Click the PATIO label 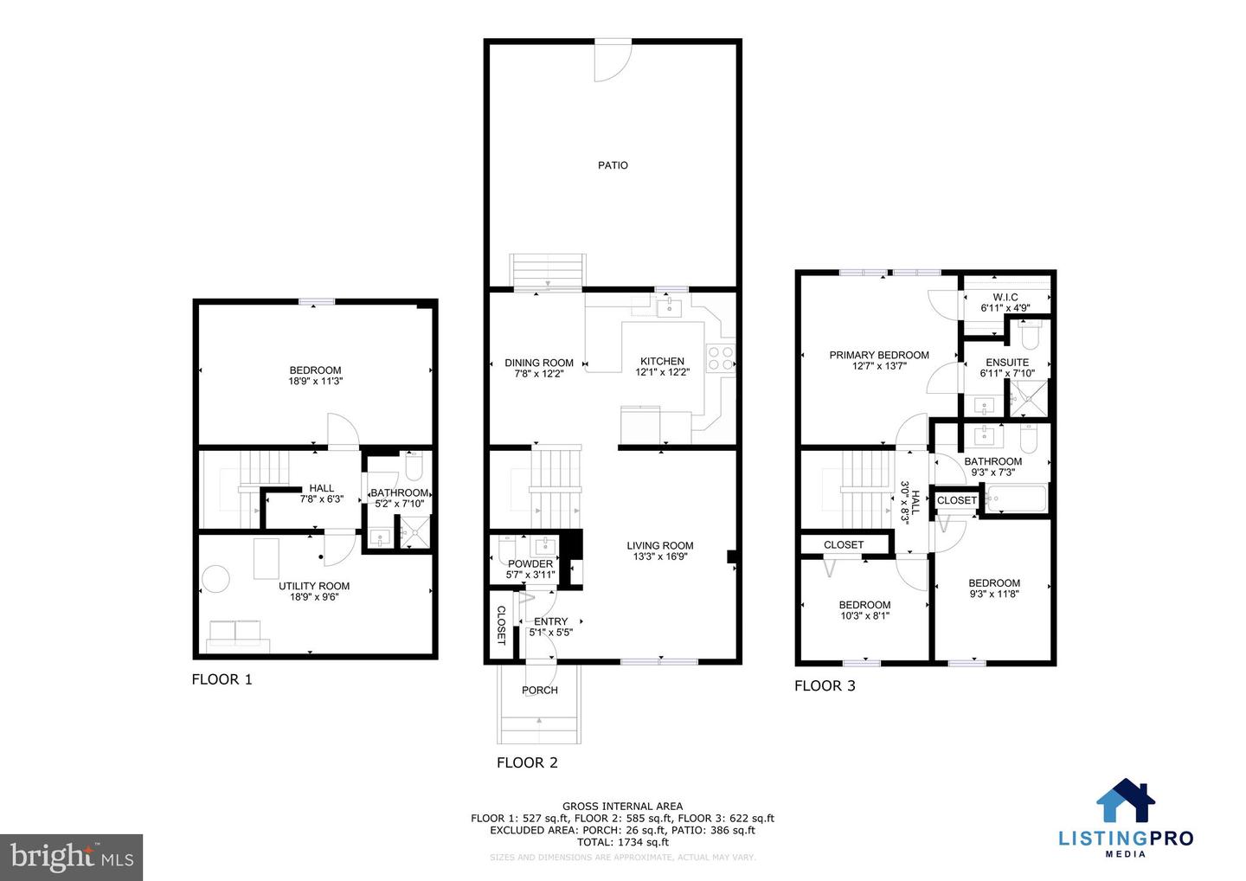(613, 165)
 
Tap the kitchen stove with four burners (721, 358)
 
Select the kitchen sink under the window (668, 307)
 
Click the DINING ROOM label (539, 363)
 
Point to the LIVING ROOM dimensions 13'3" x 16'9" (659, 557)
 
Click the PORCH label (539, 690)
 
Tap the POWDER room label (530, 563)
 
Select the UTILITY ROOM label (314, 586)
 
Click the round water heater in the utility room (215, 578)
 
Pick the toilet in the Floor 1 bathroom (414, 468)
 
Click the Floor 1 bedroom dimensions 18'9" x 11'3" (315, 381)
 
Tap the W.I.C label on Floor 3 (1005, 297)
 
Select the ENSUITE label (1007, 363)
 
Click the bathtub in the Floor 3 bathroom (1015, 499)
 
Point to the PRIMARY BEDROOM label (879, 355)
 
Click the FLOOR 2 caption (527, 762)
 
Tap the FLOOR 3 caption (825, 685)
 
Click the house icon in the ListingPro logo (1126, 801)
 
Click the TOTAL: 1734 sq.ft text (622, 842)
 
